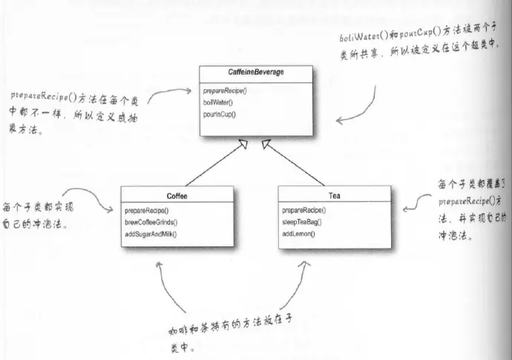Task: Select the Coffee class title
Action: point(177,196)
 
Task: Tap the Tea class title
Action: point(332,196)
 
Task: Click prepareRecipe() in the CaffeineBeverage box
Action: point(226,91)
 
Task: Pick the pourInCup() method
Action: point(220,114)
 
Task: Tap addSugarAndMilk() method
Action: point(157,235)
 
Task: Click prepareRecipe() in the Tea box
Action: point(304,211)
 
